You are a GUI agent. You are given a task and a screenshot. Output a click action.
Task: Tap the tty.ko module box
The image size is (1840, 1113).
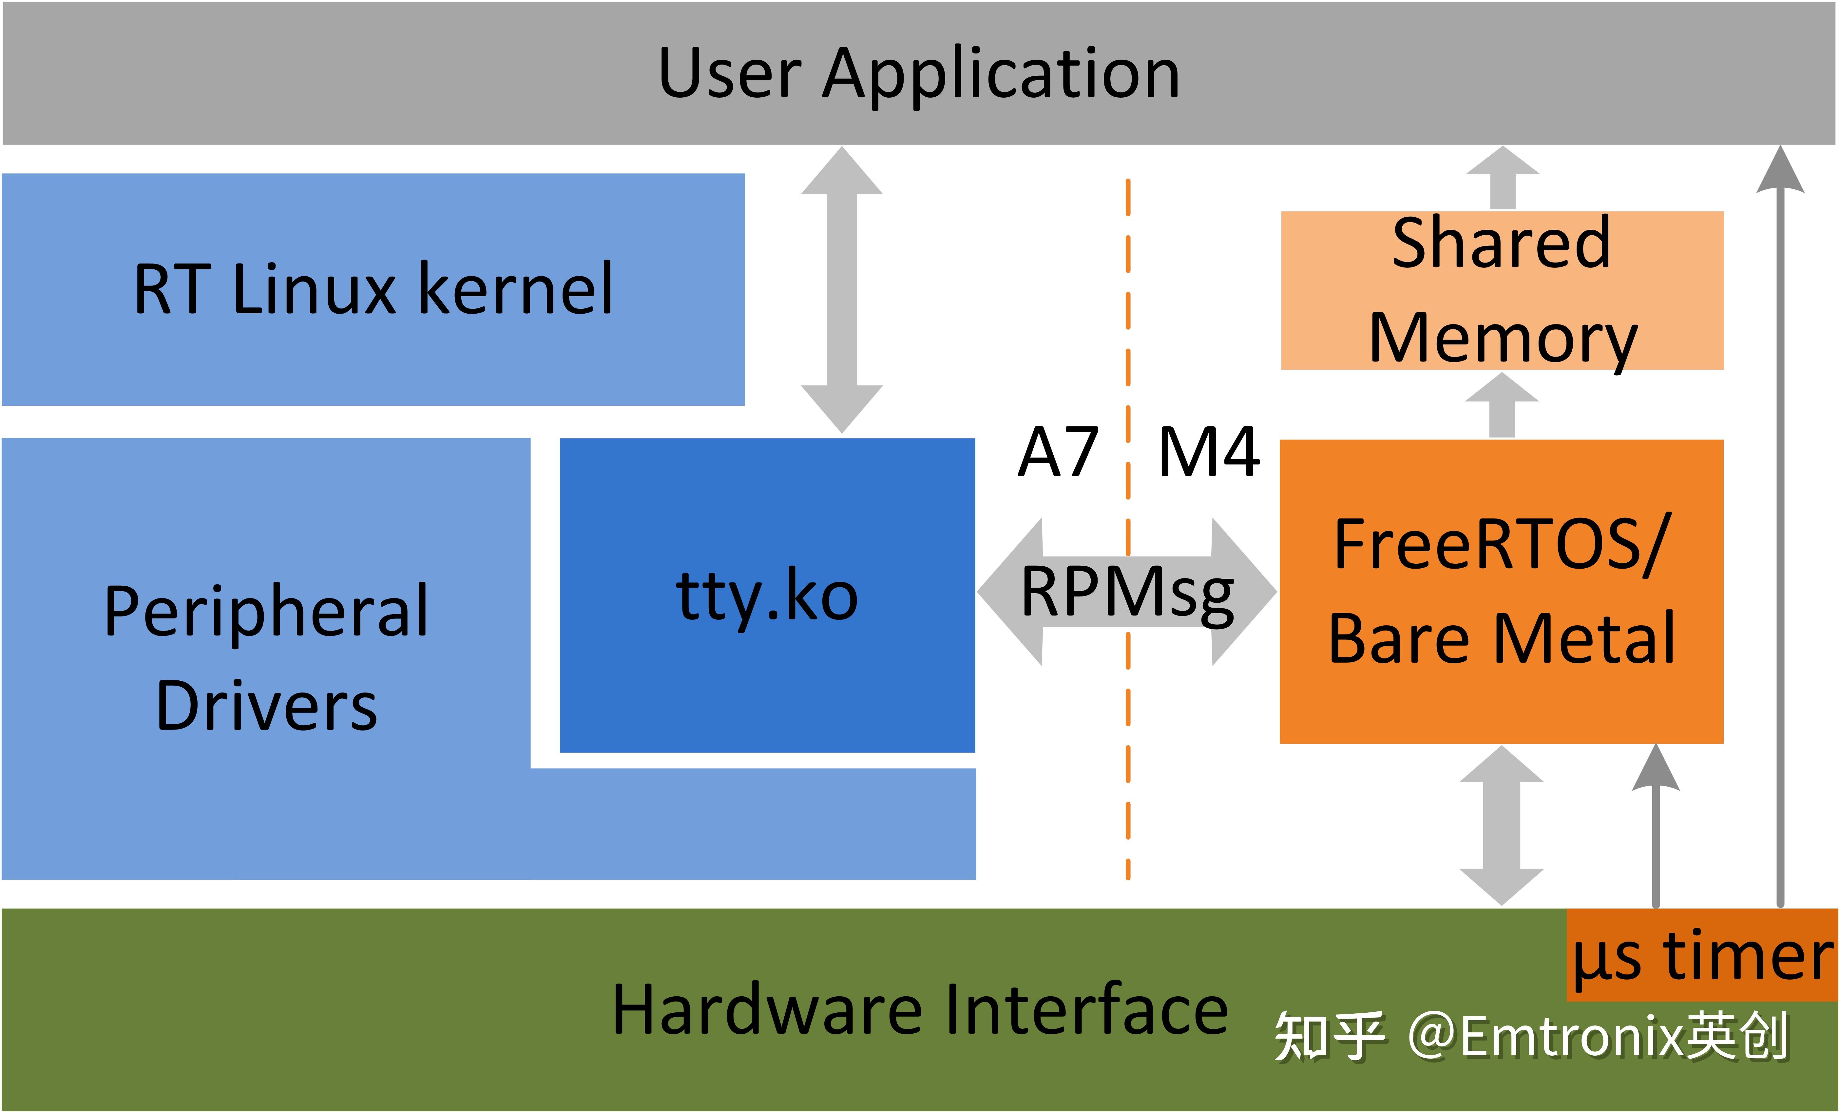pyautogui.click(x=767, y=596)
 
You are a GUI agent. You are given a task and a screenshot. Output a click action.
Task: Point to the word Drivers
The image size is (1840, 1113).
pyautogui.click(x=267, y=706)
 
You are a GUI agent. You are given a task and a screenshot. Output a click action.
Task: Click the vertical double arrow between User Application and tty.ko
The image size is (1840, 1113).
pyautogui.click(x=842, y=290)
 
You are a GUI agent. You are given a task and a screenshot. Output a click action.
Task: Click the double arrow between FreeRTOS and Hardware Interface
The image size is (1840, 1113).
pyautogui.click(x=1502, y=826)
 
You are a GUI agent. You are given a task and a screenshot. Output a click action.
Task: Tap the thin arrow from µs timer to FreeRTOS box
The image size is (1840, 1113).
pyautogui.click(x=1656, y=829)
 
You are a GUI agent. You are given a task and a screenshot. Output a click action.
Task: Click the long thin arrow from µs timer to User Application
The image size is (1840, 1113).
pyautogui.click(x=1780, y=523)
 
